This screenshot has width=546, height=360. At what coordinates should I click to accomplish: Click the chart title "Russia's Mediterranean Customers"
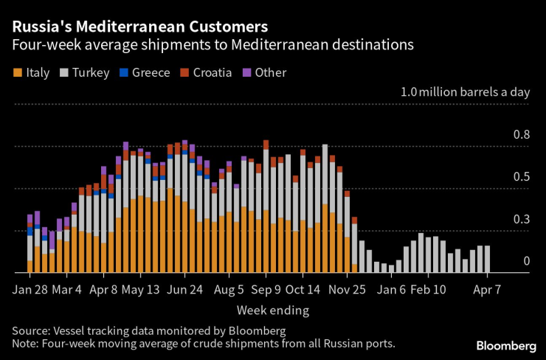pos(139,27)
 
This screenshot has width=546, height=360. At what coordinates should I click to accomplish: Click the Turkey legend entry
pos(89,72)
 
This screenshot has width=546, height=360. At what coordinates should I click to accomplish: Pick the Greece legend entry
pos(147,72)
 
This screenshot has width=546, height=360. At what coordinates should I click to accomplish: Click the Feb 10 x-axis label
pos(427,288)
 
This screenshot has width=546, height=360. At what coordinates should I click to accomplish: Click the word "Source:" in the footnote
pos(32,330)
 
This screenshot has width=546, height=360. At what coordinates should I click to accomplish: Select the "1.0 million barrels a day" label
pos(464,93)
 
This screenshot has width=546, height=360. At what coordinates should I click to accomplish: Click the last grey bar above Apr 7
pos(487,259)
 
